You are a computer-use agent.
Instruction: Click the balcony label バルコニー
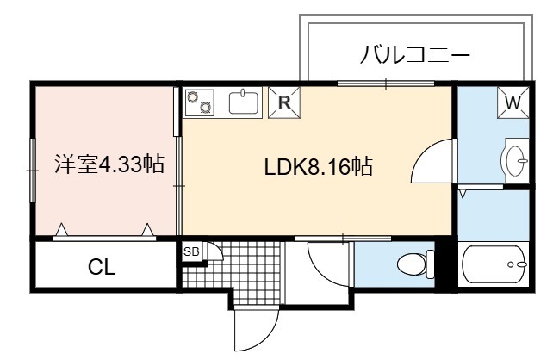click(415, 55)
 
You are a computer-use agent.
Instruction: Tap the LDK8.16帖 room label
click(319, 167)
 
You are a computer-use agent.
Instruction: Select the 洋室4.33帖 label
click(109, 164)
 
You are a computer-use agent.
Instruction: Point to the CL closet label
click(102, 267)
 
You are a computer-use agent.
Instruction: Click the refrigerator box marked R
click(284, 102)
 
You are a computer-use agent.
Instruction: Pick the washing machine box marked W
click(513, 102)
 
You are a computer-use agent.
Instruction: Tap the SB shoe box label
click(191, 251)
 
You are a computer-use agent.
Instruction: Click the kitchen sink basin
click(244, 102)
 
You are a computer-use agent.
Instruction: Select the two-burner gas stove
click(200, 102)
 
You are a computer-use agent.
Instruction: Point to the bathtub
click(494, 264)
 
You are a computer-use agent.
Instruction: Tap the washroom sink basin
click(514, 161)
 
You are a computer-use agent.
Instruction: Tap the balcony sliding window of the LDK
click(386, 84)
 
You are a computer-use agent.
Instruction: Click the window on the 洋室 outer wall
click(33, 171)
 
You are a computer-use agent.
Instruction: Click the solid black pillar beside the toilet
click(446, 264)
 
